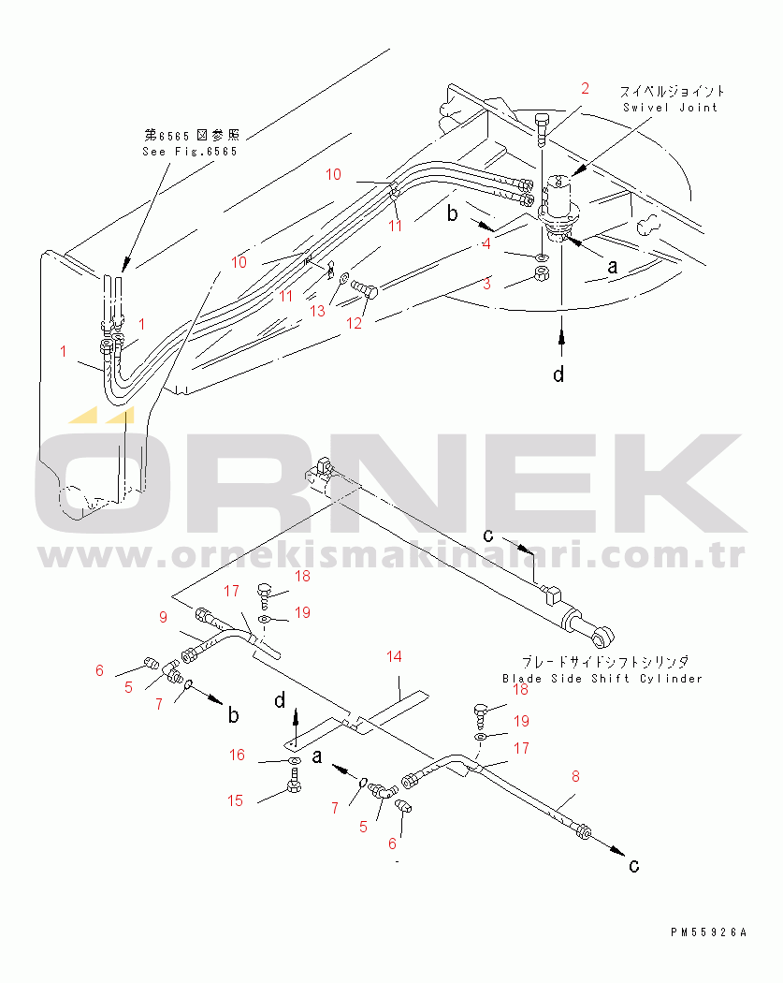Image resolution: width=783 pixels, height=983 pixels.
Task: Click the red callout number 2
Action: (x=585, y=88)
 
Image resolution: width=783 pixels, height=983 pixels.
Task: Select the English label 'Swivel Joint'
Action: (x=670, y=108)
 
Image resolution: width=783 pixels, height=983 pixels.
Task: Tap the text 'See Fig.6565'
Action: (x=190, y=152)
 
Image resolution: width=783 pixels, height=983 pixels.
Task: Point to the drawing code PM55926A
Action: (x=708, y=932)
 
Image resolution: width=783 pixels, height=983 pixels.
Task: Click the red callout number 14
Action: (x=394, y=656)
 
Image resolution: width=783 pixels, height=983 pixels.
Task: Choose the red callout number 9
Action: (x=163, y=617)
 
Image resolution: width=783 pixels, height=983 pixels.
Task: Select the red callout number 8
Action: (x=575, y=776)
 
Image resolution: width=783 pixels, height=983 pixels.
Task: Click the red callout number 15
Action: (x=235, y=800)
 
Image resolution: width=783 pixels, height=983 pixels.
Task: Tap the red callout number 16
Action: (x=237, y=755)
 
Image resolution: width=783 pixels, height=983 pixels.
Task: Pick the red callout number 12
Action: (x=354, y=323)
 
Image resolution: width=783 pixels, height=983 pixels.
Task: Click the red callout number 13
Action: (x=317, y=311)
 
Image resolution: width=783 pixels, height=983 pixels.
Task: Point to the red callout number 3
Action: (x=486, y=284)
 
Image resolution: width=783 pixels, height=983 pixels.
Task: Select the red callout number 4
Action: (x=486, y=243)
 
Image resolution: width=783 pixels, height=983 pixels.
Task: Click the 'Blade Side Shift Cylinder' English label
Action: (x=602, y=679)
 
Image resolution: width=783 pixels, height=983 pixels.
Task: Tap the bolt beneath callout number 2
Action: (x=543, y=130)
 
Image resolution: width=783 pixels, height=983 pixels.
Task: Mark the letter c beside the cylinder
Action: (x=488, y=536)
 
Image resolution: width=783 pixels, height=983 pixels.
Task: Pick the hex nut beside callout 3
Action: (x=542, y=273)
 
